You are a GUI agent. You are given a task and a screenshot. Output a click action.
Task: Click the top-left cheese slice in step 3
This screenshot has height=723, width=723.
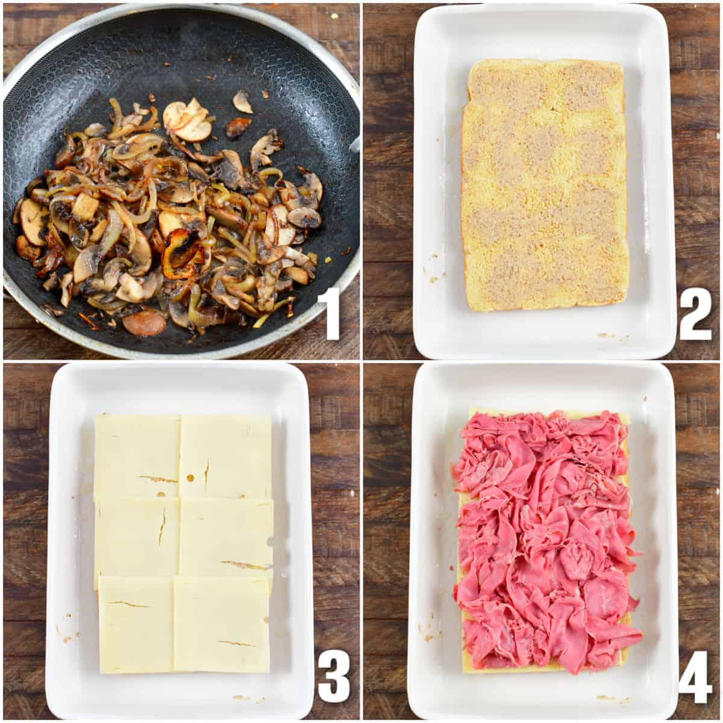(137, 455)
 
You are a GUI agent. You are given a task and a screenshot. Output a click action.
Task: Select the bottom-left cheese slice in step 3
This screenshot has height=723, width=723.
(136, 624)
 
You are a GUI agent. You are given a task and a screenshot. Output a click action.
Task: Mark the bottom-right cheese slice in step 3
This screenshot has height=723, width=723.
(222, 624)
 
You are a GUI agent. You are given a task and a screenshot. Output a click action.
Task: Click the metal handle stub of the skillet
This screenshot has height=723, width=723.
(355, 143)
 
